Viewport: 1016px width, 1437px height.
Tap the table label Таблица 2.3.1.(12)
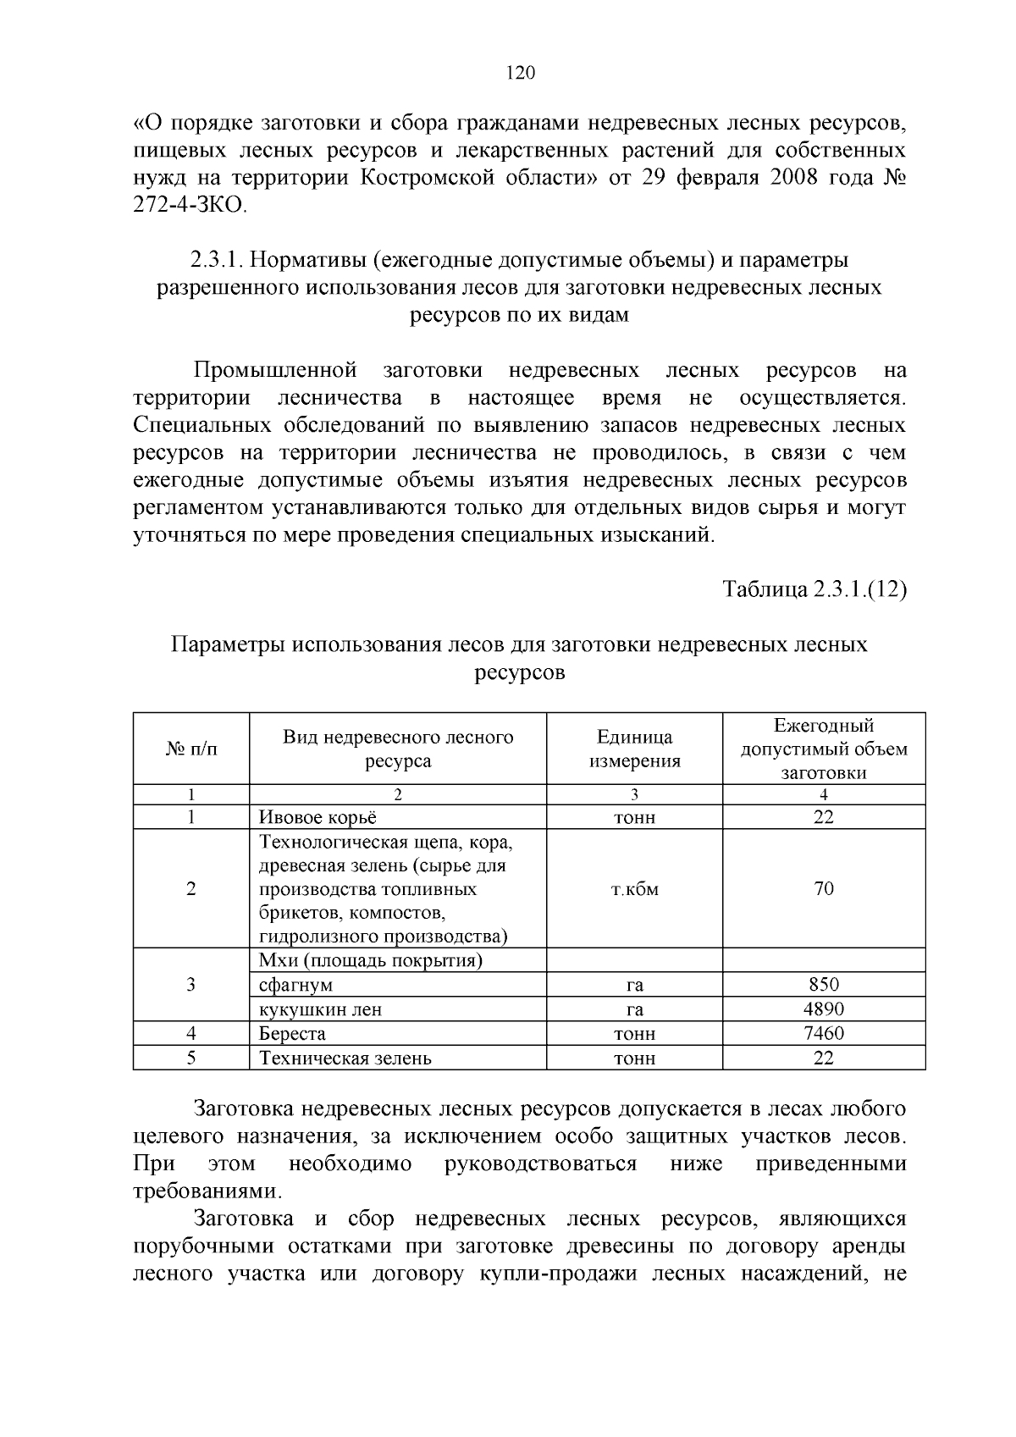(814, 590)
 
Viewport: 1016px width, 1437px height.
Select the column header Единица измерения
(634, 749)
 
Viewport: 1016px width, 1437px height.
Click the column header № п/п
(190, 749)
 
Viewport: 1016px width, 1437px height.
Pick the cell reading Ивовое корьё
(317, 817)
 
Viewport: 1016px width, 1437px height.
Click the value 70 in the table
(823, 888)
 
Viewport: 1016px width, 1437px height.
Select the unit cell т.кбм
(634, 889)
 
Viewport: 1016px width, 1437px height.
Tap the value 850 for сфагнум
(823, 985)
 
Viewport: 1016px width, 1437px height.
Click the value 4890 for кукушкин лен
(823, 1009)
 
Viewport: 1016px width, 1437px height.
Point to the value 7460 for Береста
(823, 1034)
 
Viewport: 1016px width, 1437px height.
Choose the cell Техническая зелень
(345, 1058)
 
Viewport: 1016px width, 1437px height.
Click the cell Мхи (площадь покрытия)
(371, 960)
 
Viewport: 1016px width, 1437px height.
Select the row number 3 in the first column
(191, 985)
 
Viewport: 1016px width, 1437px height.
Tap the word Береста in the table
(292, 1034)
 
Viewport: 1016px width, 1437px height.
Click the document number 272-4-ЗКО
(190, 206)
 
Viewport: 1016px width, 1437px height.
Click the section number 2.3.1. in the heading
(216, 259)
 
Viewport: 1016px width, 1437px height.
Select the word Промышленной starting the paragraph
(273, 370)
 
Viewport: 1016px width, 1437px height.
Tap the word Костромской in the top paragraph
(427, 179)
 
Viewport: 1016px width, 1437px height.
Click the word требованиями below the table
(206, 1191)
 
